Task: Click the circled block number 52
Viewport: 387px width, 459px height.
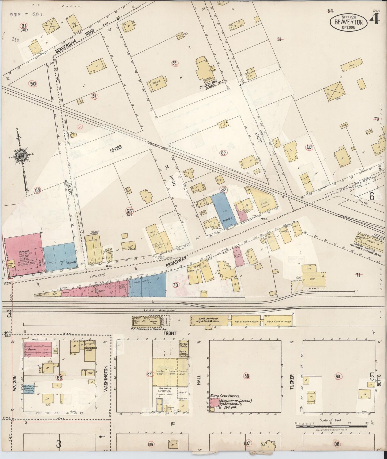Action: click(175, 63)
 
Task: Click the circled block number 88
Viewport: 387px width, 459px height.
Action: click(247, 376)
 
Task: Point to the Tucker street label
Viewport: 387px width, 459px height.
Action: click(292, 382)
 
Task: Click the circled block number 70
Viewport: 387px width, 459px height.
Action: click(175, 285)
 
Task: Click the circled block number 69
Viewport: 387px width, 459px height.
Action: click(309, 147)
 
